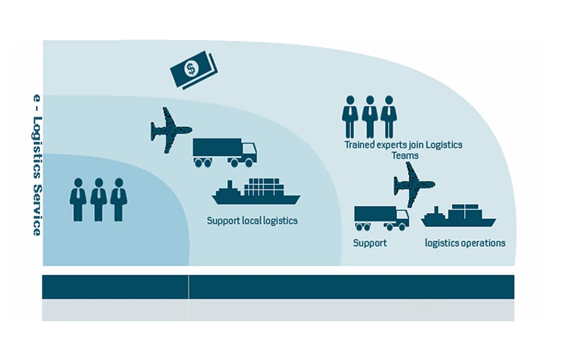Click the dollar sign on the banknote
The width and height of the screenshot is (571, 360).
[191, 69]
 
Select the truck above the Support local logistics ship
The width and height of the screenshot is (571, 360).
[224, 152]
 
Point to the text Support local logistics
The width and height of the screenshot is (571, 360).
[252, 221]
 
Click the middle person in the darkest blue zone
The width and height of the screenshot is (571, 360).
[99, 200]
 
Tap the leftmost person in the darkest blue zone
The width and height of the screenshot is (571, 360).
[78, 200]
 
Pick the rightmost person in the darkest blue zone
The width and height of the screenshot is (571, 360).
[119, 200]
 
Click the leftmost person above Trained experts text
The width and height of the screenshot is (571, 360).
[350, 116]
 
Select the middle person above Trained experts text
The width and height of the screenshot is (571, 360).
[370, 116]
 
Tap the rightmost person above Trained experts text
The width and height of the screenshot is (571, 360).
[388, 116]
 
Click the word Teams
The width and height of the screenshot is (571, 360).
[405, 155]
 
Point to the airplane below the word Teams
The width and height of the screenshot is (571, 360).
[414, 184]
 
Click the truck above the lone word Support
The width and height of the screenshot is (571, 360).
[381, 217]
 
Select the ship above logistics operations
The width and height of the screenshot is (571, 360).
[458, 216]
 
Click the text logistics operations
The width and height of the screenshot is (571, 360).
[465, 243]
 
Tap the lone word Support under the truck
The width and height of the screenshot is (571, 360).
[370, 243]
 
